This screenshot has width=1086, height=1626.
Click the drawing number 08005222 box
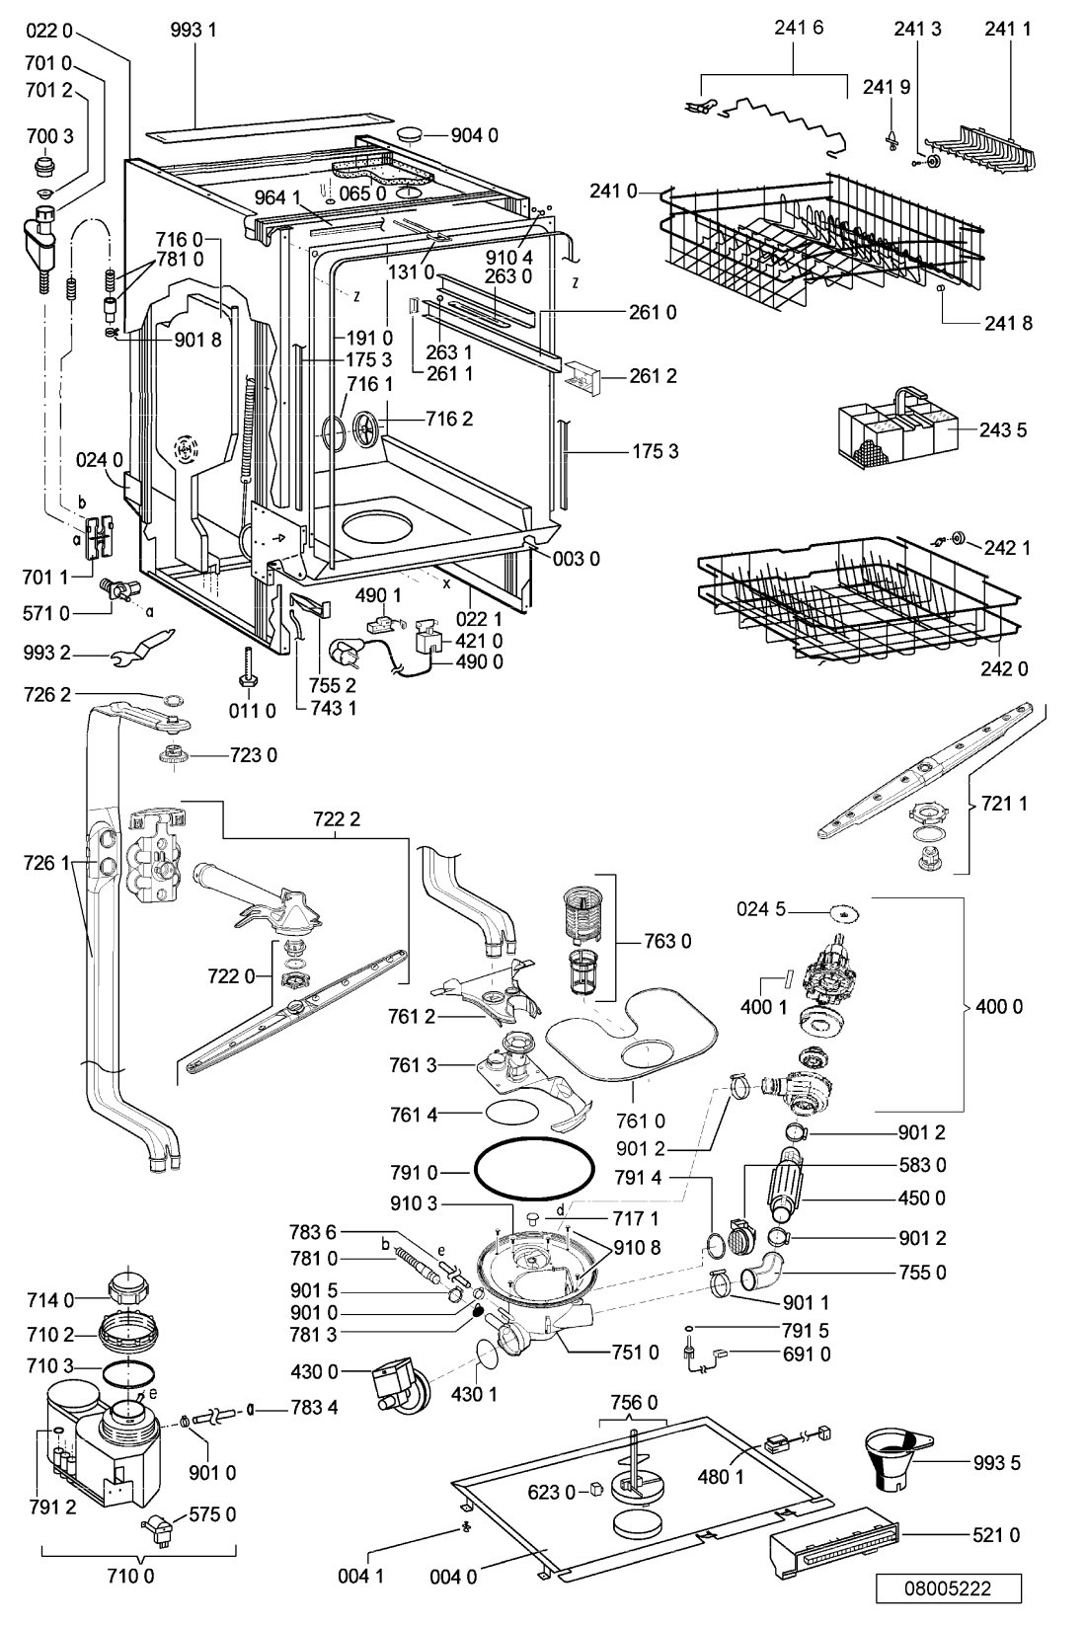(947, 1588)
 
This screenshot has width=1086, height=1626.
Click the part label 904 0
(475, 135)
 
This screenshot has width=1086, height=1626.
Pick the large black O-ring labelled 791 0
(534, 1171)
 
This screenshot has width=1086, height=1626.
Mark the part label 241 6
(799, 29)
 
